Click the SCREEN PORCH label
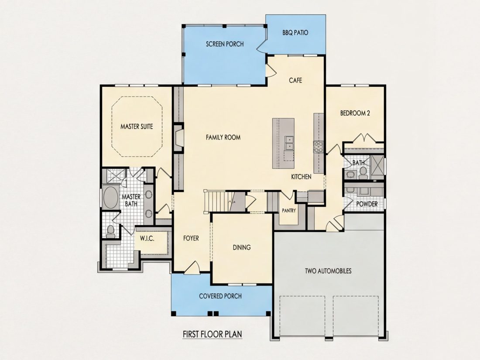(x=225, y=44)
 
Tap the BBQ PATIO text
(x=295, y=33)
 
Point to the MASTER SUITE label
(x=137, y=127)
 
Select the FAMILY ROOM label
(x=223, y=137)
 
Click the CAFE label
(x=295, y=80)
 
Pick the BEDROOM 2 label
(x=355, y=113)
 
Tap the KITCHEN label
(x=301, y=177)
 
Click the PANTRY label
(x=289, y=210)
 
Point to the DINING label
(x=242, y=247)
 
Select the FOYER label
(x=191, y=238)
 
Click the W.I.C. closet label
(x=147, y=238)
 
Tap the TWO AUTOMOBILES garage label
(x=328, y=271)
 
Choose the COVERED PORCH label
(x=220, y=296)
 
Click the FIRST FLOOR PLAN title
(x=212, y=334)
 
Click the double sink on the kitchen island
(x=289, y=143)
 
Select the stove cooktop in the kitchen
(x=319, y=147)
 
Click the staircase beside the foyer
(x=220, y=201)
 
